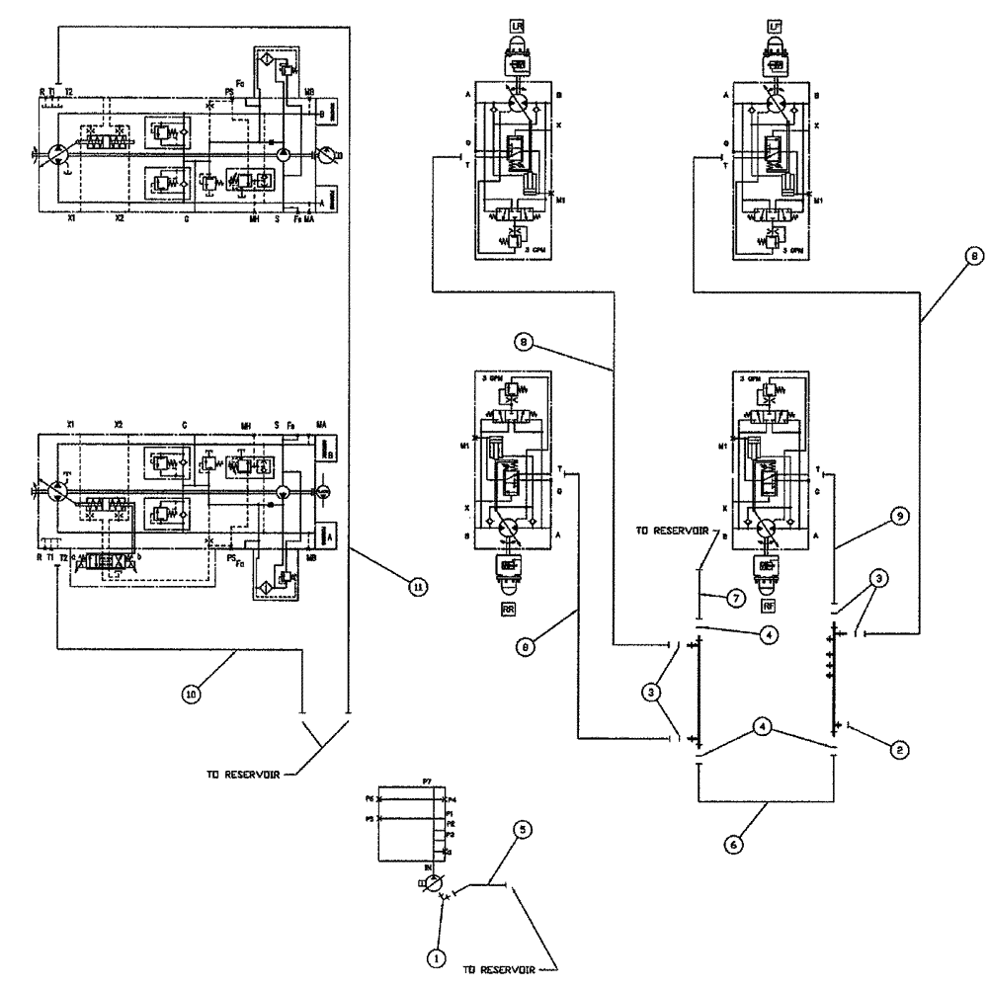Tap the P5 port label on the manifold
point(369,819)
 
